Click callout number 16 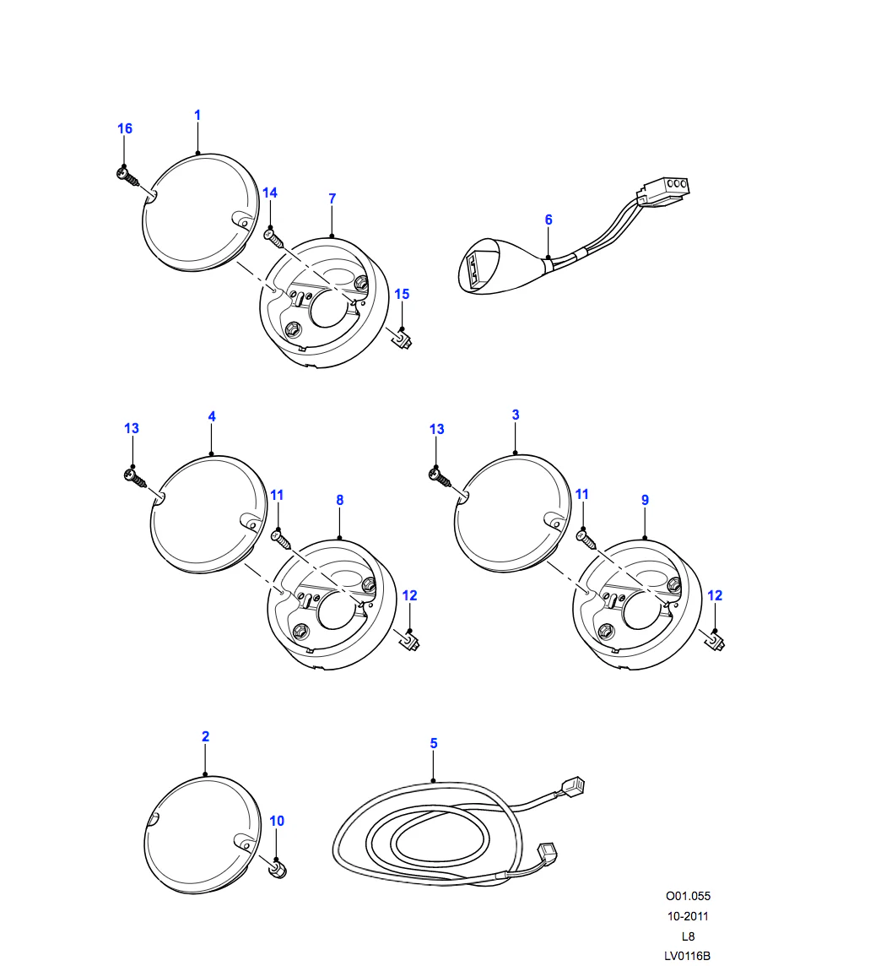click(x=125, y=128)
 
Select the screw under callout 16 click(x=127, y=176)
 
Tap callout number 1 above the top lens click(x=197, y=115)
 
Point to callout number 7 click(x=332, y=198)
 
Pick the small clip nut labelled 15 click(x=401, y=339)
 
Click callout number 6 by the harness click(x=549, y=220)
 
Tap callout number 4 click(x=212, y=416)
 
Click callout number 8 click(x=340, y=500)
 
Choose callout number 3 click(x=516, y=415)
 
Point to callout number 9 click(x=646, y=500)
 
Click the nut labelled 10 click(x=278, y=870)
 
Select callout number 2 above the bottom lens click(x=206, y=737)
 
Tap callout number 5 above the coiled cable click(x=434, y=744)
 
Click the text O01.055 click(x=688, y=896)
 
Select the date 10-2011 click(x=688, y=916)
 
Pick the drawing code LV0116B click(x=687, y=956)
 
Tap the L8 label click(x=689, y=936)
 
